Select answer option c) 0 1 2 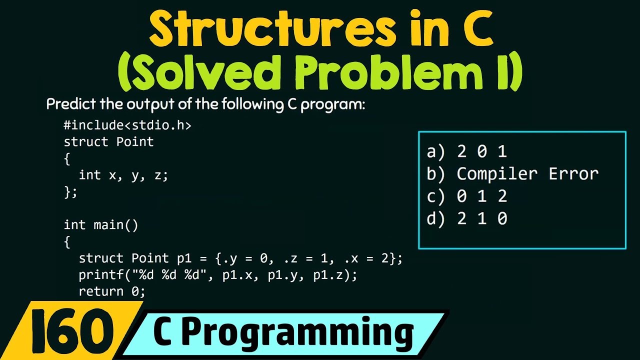[x=467, y=196]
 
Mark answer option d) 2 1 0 [x=467, y=218]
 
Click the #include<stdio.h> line [x=127, y=125]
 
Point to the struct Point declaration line [x=108, y=142]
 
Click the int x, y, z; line [x=123, y=175]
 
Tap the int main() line [x=101, y=225]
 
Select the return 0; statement [x=112, y=291]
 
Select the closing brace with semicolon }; [x=70, y=191]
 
